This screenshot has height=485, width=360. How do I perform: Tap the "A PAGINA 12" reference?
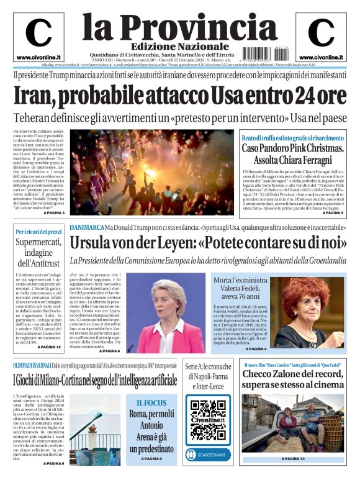point(49,347)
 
